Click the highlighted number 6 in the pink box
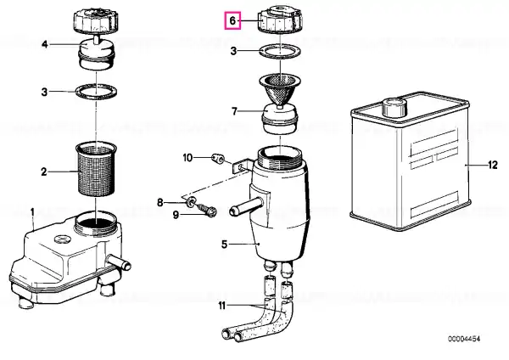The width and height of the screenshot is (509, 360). [x=232, y=20]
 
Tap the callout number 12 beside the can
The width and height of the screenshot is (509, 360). [x=492, y=165]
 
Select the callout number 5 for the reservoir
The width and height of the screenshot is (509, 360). [x=225, y=245]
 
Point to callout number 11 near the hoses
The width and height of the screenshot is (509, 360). [x=221, y=306]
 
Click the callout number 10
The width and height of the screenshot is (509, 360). [x=187, y=158]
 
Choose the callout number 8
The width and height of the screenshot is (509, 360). [x=160, y=203]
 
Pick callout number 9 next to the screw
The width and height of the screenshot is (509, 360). [x=176, y=215]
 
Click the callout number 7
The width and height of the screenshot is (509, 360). [x=235, y=111]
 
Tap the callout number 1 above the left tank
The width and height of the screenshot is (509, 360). [x=32, y=212]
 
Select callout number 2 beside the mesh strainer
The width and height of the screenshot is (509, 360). [x=44, y=172]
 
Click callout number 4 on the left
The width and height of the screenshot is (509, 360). [x=45, y=44]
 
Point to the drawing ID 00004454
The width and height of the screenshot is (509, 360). [x=464, y=339]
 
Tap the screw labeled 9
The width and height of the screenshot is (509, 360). [x=206, y=210]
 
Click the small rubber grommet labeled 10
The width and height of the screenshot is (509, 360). [x=217, y=158]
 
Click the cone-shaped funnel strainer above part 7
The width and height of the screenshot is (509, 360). [x=280, y=90]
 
